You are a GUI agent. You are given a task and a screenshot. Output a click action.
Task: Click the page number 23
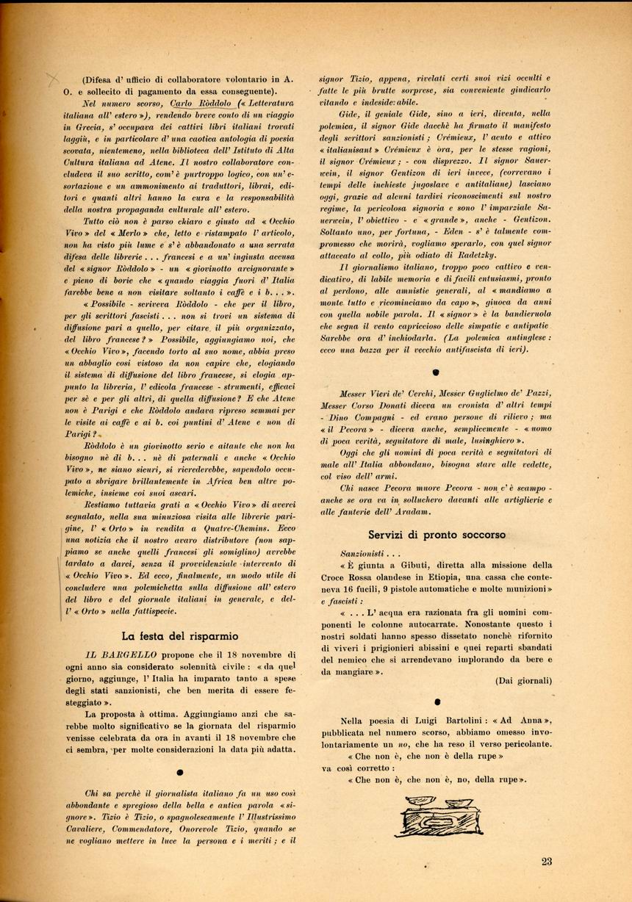tap(546, 862)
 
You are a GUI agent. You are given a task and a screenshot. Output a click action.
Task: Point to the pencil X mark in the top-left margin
tap(53, 79)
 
